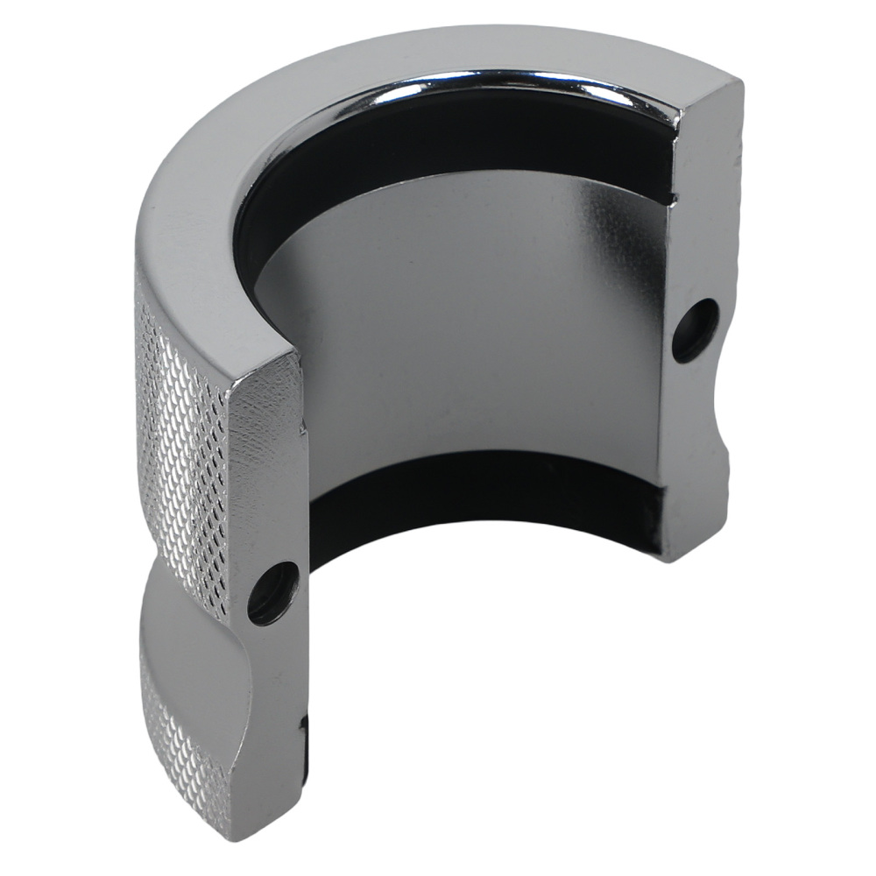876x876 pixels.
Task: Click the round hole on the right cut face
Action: click(696, 329)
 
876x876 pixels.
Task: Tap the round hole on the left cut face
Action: click(273, 592)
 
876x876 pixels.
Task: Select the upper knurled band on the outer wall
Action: click(180, 438)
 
